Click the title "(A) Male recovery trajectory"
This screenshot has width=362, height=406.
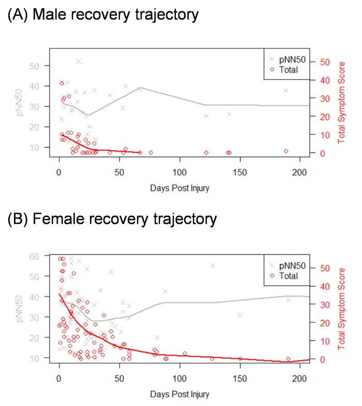pyautogui.click(x=103, y=15)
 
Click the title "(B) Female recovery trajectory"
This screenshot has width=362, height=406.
pyautogui.click(x=112, y=219)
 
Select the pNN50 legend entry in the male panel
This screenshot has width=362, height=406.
pyautogui.click(x=288, y=60)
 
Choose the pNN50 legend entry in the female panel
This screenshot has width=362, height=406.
pyautogui.click(x=288, y=266)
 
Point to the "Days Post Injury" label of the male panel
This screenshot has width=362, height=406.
pyautogui.click(x=180, y=188)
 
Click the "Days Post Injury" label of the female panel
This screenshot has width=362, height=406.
pyautogui.click(x=180, y=395)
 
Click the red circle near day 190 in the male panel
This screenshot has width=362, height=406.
pyautogui.click(x=286, y=151)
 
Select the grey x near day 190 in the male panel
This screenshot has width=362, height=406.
pyautogui.click(x=285, y=90)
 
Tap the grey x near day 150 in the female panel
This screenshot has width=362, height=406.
pyautogui.click(x=240, y=315)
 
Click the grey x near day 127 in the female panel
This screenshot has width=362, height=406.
pyautogui.click(x=213, y=266)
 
